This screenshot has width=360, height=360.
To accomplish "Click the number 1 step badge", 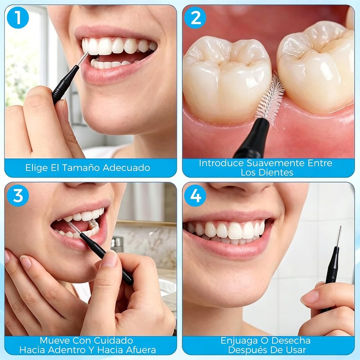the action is (x=18, y=18).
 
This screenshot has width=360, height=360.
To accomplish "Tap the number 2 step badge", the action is (x=195, y=18).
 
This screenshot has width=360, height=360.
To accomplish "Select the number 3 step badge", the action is (x=18, y=196).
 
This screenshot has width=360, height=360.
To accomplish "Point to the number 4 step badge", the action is (x=195, y=196).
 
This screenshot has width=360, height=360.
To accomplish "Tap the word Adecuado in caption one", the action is (x=126, y=167).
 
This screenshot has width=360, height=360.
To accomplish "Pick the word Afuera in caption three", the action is (x=139, y=350).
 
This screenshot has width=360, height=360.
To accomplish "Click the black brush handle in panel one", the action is (x=65, y=85).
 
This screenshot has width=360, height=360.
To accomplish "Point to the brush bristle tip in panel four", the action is (x=340, y=227).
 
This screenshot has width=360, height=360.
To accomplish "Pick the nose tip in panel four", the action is (x=241, y=188).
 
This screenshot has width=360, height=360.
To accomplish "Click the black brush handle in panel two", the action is (x=252, y=139).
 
